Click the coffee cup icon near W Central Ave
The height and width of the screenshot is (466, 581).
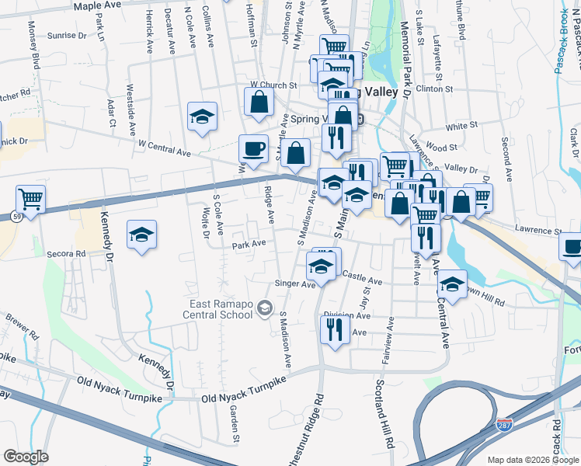(252, 148)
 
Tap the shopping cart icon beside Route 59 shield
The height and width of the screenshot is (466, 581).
(30, 199)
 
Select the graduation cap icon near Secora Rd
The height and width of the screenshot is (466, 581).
(141, 234)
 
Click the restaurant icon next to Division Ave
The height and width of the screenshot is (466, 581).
(335, 329)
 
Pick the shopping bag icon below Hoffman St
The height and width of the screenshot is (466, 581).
(259, 101)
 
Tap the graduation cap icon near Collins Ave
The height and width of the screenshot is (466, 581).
(202, 117)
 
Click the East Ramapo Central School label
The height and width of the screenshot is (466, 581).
(221, 310)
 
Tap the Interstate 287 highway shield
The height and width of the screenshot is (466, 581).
(504, 426)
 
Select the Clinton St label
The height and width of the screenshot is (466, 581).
(434, 89)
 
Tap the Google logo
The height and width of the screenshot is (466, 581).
(25, 457)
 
